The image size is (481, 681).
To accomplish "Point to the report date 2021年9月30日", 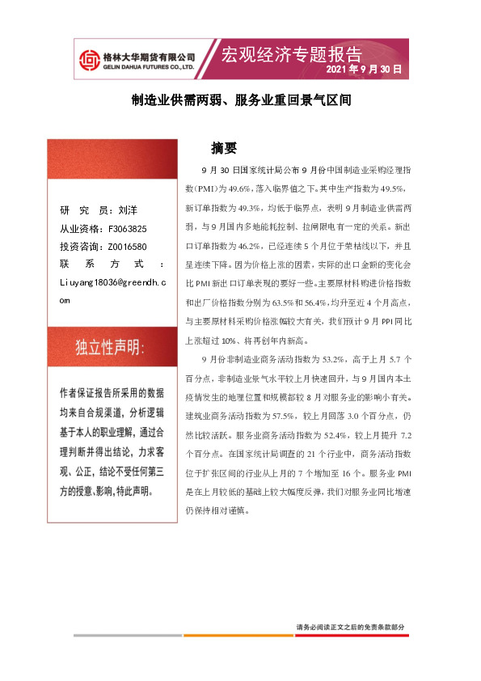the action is click(x=363, y=70).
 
